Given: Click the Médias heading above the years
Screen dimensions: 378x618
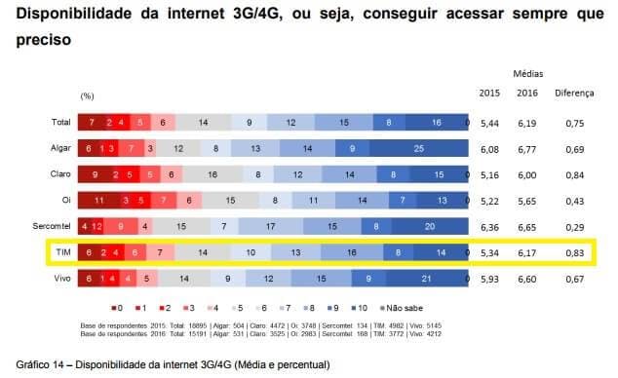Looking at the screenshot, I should pos(527,73).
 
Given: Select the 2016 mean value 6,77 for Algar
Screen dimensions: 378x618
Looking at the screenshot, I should pos(528,149).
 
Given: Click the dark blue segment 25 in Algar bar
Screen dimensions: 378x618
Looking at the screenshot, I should pos(417,149).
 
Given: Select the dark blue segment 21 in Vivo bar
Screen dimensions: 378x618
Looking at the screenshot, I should pos(427,278).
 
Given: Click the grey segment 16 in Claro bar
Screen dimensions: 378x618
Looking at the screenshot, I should pos(212,174).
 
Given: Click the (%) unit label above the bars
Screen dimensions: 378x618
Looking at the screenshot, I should pos(87,97).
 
